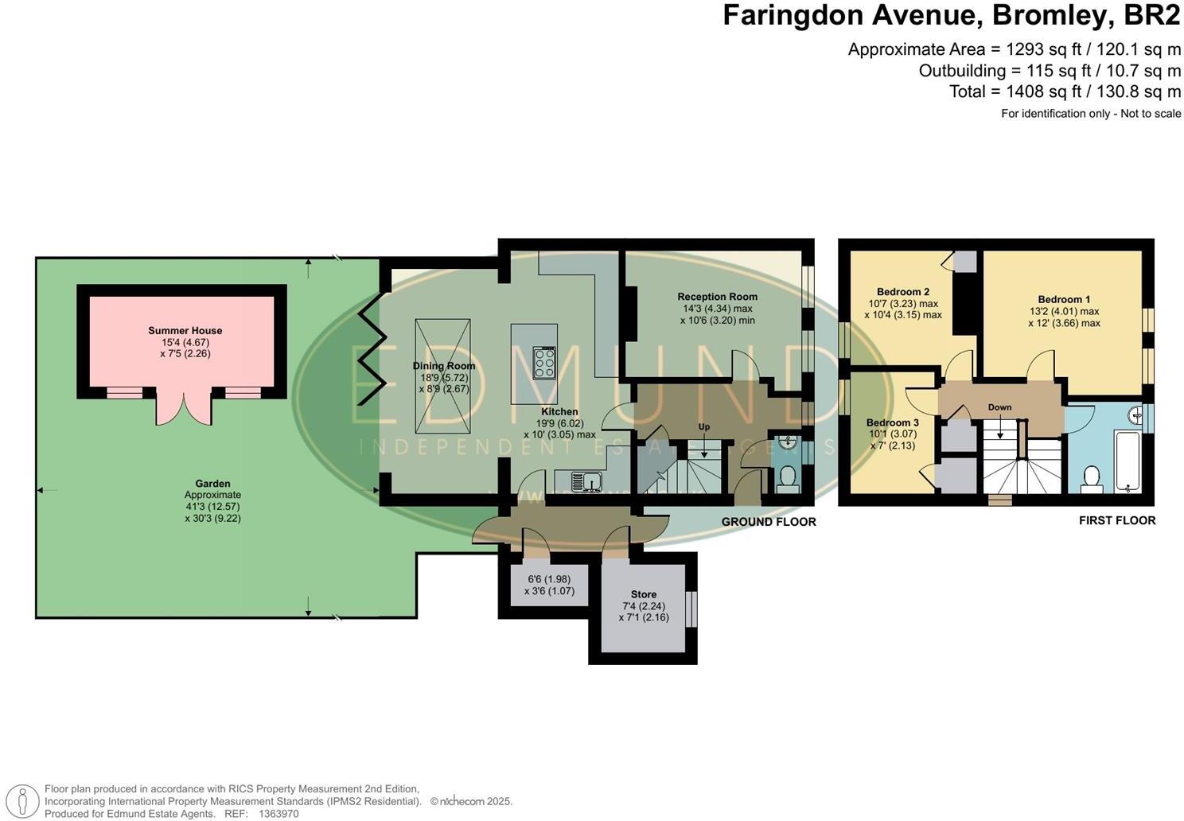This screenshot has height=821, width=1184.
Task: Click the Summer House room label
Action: (185, 330)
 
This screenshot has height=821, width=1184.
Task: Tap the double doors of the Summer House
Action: (184, 406)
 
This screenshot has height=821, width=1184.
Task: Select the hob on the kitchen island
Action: (545, 363)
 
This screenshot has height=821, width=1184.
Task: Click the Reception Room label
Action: (717, 297)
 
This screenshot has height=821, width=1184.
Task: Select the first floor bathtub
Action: (1128, 461)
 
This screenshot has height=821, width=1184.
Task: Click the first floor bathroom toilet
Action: (1091, 479)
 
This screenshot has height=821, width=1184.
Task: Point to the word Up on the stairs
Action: (703, 427)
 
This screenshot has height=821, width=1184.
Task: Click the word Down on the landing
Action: (999, 407)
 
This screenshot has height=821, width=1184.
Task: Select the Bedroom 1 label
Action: (1064, 299)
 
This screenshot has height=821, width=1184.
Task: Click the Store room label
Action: (643, 594)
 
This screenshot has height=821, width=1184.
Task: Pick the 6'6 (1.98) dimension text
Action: (549, 579)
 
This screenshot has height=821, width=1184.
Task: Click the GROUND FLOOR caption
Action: (768, 522)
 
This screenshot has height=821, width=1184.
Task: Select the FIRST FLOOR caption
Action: (1116, 520)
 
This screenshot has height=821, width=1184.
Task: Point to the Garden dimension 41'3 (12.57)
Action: (212, 506)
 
